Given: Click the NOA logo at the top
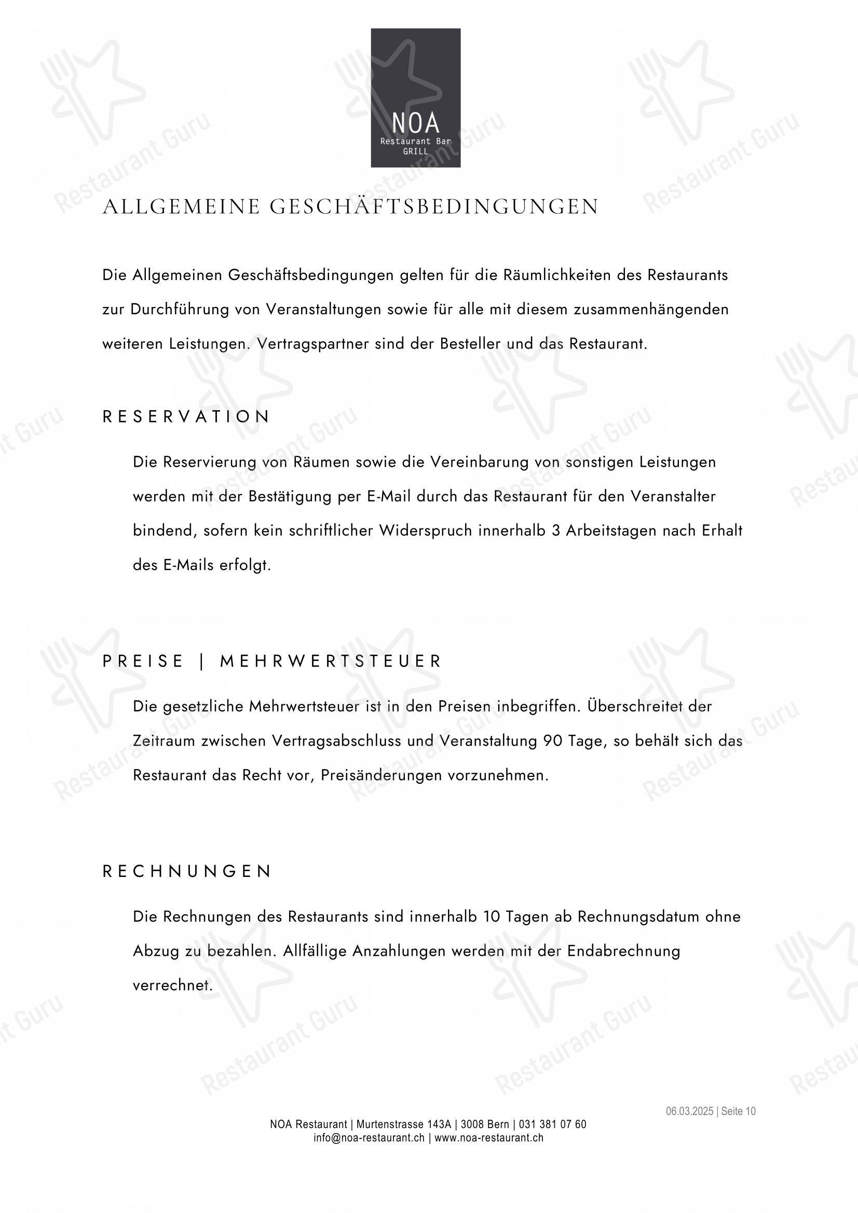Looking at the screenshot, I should point(416,97).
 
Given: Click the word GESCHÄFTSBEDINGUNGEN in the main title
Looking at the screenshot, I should point(434,206).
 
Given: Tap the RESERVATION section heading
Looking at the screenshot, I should point(186,417).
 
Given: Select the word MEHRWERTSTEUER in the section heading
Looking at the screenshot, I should point(331,661).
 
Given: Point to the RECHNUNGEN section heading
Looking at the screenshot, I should point(187,871).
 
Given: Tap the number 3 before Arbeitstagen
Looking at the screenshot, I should point(555,531).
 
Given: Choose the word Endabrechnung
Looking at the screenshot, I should point(624,951).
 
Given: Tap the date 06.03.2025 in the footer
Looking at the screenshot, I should point(689,1111).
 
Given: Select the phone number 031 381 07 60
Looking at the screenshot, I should point(552,1124).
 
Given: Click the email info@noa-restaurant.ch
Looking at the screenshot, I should point(369,1137).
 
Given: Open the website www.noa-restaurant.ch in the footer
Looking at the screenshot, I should point(489,1137).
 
